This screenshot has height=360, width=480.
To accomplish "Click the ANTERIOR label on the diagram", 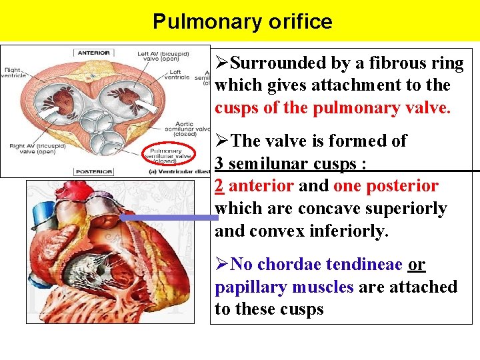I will [x=93, y=53].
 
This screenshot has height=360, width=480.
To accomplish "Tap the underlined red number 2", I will [x=219, y=186].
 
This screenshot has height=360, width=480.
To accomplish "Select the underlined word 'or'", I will [x=417, y=265].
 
